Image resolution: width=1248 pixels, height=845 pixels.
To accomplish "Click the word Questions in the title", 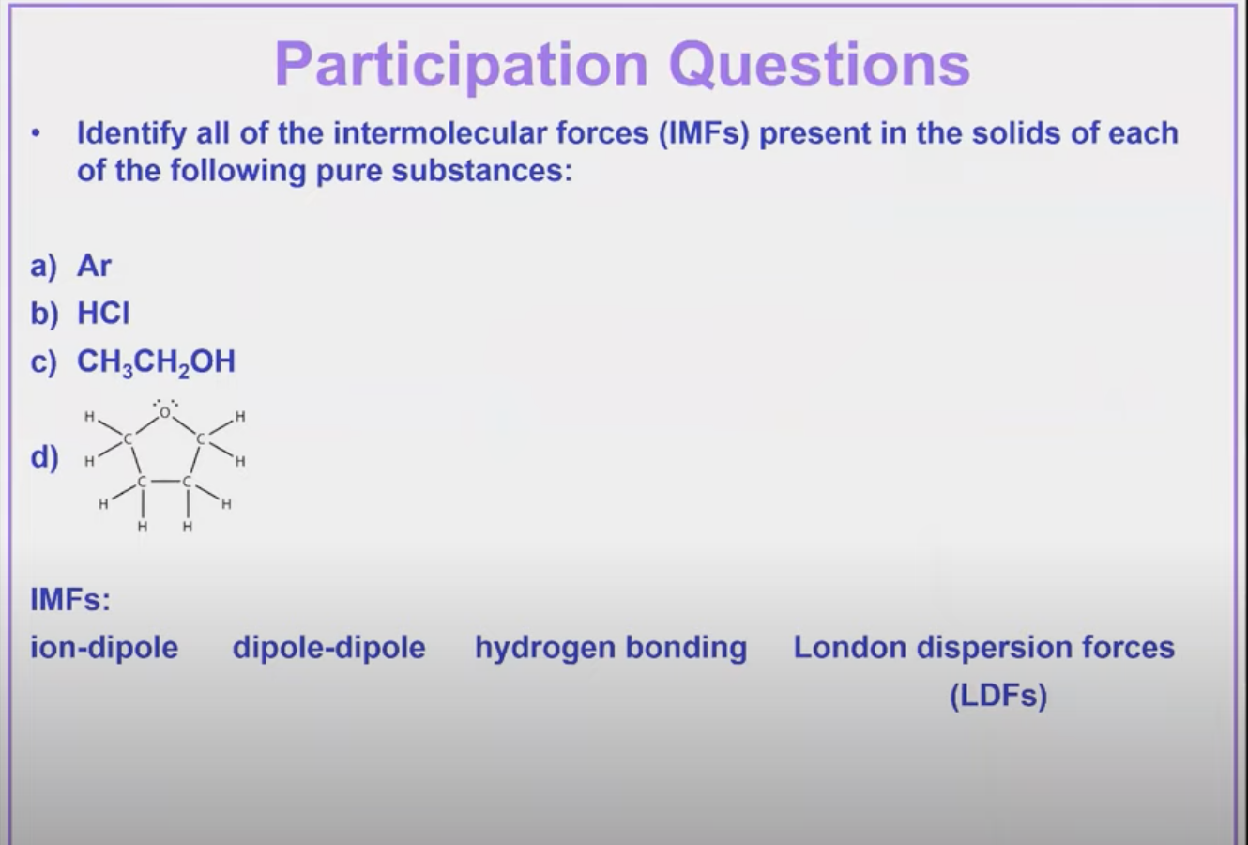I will coord(819,65).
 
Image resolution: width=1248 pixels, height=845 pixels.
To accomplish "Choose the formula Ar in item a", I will coord(94,266).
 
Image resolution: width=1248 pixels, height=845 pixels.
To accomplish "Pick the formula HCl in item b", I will coord(103,313).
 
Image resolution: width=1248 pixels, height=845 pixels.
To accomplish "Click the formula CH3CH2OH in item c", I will coord(156,362).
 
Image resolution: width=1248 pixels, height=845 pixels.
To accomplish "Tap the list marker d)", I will coord(44,457).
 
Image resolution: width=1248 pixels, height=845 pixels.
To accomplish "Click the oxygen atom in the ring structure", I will coord(165,411).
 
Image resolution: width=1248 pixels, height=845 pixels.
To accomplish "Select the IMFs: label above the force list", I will coord(70,599).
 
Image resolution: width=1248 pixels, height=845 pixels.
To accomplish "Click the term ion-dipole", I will coord(104,648).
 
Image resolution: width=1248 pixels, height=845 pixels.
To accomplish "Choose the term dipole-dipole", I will coord(328,648).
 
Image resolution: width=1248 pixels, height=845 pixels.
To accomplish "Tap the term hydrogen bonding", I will coord(611,648).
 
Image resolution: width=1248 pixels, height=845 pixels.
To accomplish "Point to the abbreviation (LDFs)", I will coord(997,697).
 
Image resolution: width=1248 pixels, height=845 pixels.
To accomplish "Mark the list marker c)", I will coord(43,362).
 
